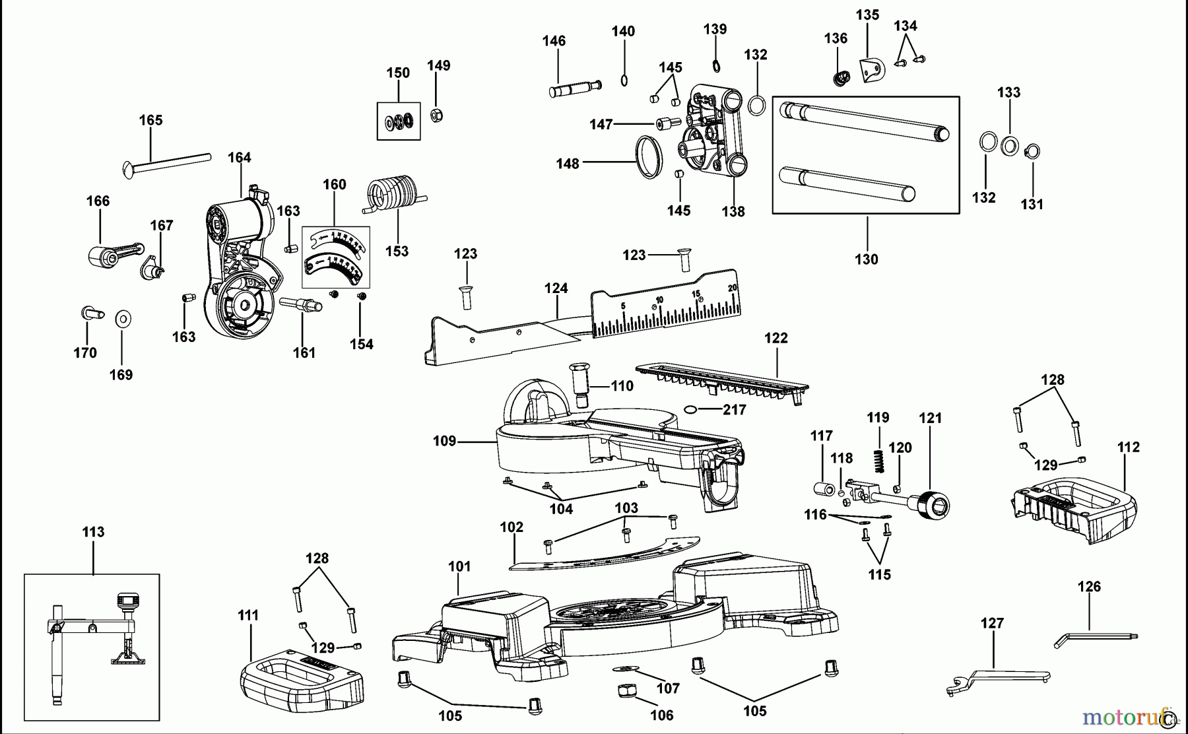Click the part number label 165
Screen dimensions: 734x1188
coord(150,120)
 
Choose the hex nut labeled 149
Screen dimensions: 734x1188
coord(436,116)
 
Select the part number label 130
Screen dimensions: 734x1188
coord(867,259)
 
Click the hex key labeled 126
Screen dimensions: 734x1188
coord(1096,638)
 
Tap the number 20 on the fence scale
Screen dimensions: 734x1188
coord(732,288)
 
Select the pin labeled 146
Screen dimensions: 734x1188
coord(575,88)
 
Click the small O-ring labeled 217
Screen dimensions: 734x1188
coord(691,409)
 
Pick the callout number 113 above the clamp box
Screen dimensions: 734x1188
coord(93,532)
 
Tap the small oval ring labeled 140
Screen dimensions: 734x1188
coord(624,81)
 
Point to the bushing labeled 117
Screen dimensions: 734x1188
coord(822,490)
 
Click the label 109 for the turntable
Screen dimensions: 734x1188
coord(445,441)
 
